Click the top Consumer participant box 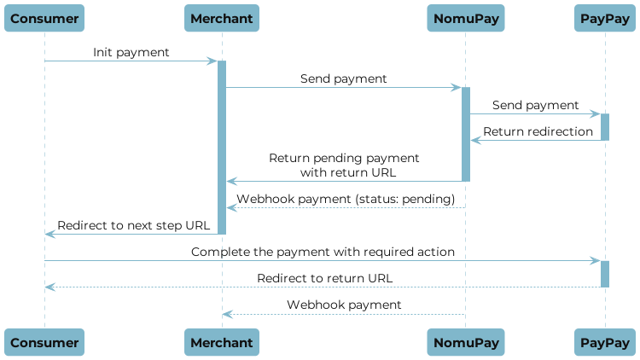coord(44,18)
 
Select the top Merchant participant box coord(222,18)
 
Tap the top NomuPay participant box coord(466,18)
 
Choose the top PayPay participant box coord(605,18)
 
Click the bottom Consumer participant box coord(44,342)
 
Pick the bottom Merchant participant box coord(222,342)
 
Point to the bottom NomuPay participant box coord(466,342)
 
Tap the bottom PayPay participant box coord(605,342)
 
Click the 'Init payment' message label coord(131,53)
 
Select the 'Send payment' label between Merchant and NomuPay coord(343,78)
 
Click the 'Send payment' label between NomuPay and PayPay coord(535,105)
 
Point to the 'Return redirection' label coord(538,131)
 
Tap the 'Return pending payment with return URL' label coord(344,165)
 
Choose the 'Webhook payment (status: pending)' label coord(346,199)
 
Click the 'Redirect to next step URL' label coord(132,225)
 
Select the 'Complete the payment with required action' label coord(323,252)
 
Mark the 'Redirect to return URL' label coord(325,278)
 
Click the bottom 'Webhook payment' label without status coord(344,305)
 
